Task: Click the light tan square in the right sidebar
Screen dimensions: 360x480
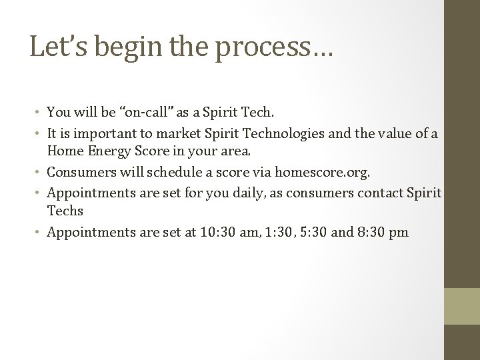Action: (462, 305)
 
